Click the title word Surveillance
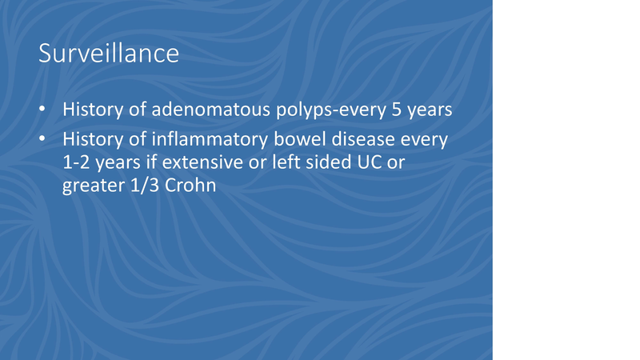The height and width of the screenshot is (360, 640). pyautogui.click(x=108, y=54)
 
